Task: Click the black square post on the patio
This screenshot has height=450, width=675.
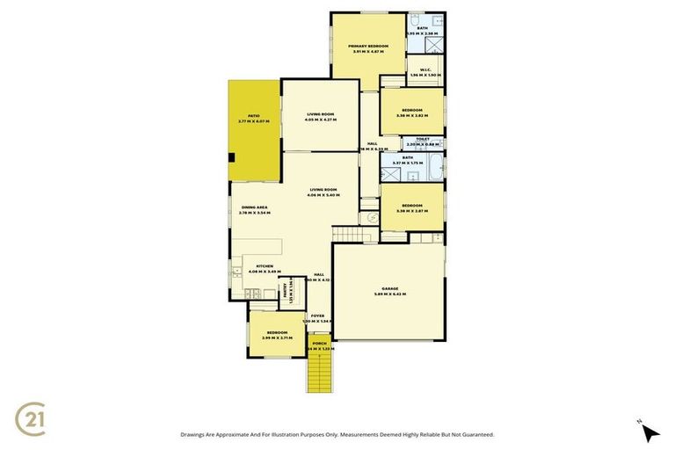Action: point(231,158)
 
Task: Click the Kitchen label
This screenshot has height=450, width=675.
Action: point(265,266)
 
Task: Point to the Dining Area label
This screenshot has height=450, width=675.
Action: point(255,207)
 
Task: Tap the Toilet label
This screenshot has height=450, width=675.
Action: point(422,139)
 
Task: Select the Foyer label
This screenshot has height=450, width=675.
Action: point(317,316)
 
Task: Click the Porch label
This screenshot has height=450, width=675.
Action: point(319,344)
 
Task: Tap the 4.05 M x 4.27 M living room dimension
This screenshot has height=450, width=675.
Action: point(321,120)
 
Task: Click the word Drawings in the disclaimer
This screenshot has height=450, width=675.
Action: point(195,434)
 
